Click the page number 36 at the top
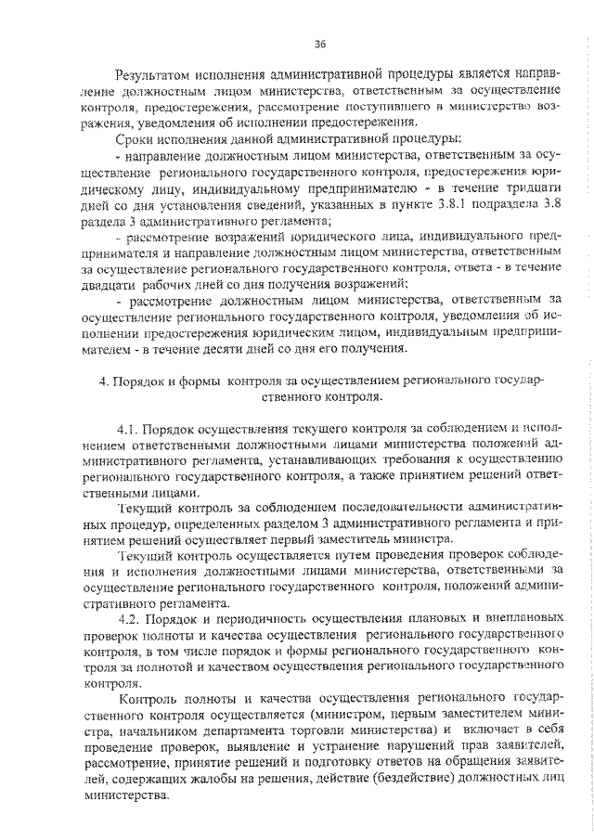pyautogui.click(x=320, y=44)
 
